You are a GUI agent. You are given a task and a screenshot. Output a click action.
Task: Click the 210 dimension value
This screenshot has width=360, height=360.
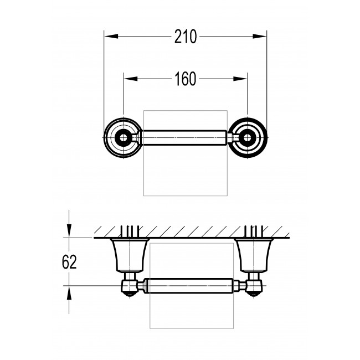186,37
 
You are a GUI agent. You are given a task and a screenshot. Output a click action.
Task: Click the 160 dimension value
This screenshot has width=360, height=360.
186,79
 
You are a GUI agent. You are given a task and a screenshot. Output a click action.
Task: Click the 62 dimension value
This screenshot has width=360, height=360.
69,262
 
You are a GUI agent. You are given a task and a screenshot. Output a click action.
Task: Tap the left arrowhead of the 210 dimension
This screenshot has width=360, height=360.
111,36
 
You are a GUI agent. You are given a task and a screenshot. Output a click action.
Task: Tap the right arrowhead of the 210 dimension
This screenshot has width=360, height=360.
259,36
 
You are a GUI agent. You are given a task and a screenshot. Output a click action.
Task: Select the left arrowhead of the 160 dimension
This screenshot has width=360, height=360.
131,79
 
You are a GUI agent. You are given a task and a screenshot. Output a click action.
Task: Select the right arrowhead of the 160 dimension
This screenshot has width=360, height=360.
240,79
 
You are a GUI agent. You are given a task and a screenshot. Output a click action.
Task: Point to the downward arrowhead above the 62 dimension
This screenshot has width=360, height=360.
69,231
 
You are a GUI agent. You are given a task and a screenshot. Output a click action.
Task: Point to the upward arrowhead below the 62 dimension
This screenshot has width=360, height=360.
69,293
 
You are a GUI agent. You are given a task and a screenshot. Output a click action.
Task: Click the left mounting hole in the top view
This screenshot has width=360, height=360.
124,138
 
